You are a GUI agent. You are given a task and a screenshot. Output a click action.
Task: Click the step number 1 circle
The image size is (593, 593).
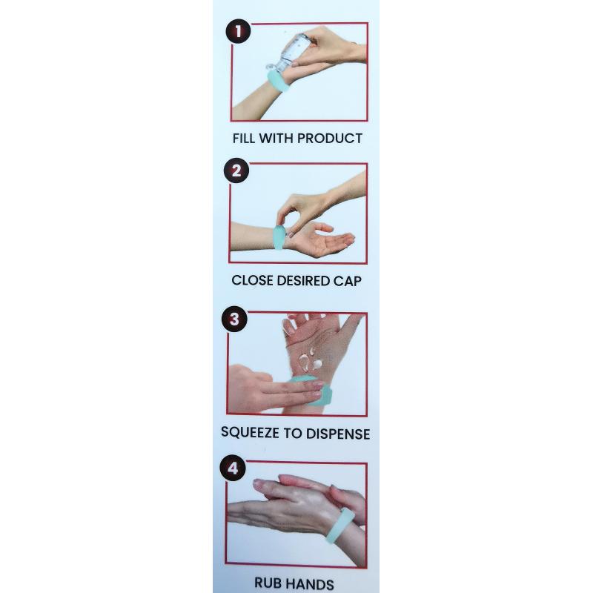[x=238, y=31]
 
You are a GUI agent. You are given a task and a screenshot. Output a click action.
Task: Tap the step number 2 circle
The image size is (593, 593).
[x=236, y=170]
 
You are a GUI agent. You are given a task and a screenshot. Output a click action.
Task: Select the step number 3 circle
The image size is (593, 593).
[x=234, y=319]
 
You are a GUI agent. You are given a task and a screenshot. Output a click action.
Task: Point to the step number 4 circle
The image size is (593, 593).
[x=233, y=468]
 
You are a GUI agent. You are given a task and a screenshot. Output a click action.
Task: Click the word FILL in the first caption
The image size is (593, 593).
[x=244, y=139]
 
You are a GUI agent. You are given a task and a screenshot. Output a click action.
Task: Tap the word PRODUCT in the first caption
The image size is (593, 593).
[x=328, y=139]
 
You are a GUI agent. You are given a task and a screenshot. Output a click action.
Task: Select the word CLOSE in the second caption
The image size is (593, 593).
[x=252, y=281]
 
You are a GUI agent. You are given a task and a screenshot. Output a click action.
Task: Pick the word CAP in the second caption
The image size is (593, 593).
[x=347, y=281]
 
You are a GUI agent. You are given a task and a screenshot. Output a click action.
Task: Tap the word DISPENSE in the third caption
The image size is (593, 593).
[x=338, y=434]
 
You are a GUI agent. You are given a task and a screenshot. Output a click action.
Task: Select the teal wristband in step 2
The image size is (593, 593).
[x=279, y=238]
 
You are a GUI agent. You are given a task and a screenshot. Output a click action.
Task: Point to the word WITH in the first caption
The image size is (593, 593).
[x=275, y=139]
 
